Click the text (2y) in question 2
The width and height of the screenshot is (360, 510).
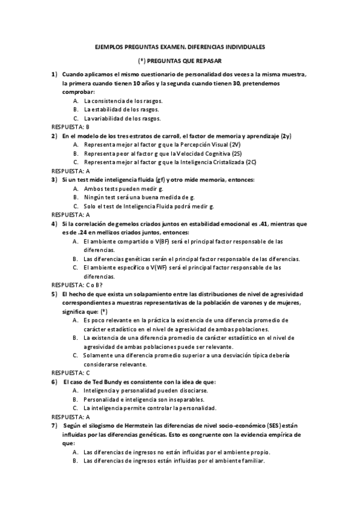tap(286, 136)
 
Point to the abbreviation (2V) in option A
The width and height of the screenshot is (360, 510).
tap(235, 145)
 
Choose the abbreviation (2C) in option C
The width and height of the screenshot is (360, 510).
tap(251, 162)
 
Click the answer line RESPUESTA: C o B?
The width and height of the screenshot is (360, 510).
tap(77, 284)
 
